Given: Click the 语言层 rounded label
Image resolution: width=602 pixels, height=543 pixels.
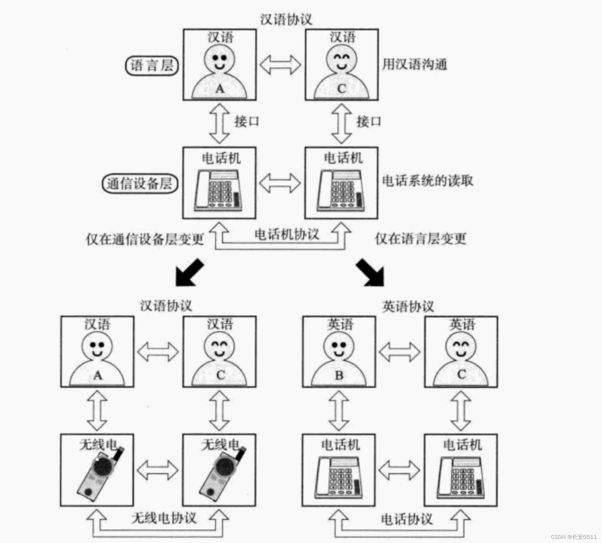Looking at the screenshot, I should [x=152, y=66].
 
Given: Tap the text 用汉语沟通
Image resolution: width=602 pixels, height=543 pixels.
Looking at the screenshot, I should [x=414, y=64].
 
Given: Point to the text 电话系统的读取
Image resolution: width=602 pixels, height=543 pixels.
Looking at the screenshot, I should [x=427, y=181].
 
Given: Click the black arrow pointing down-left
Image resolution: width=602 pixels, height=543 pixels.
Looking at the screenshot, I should [x=189, y=273].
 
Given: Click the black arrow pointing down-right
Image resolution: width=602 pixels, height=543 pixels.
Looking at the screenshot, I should [x=371, y=273].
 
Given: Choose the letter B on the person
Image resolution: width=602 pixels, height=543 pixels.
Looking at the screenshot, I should [x=339, y=376].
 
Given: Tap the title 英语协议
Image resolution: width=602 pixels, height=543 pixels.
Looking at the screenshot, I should [x=408, y=307].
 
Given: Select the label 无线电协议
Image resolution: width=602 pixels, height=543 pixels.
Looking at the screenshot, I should [x=164, y=518].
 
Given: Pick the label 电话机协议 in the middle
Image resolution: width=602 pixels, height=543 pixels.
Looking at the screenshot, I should [x=286, y=234].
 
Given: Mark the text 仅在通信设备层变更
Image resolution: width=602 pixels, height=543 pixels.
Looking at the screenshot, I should [x=145, y=239].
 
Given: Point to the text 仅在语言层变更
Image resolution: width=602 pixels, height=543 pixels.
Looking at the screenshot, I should [x=420, y=239].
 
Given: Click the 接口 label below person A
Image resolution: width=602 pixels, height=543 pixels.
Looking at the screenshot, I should [x=247, y=122].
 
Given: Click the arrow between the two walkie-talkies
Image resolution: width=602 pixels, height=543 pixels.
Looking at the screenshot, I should [x=158, y=470].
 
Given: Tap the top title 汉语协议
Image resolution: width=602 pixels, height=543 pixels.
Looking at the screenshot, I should [x=286, y=19].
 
